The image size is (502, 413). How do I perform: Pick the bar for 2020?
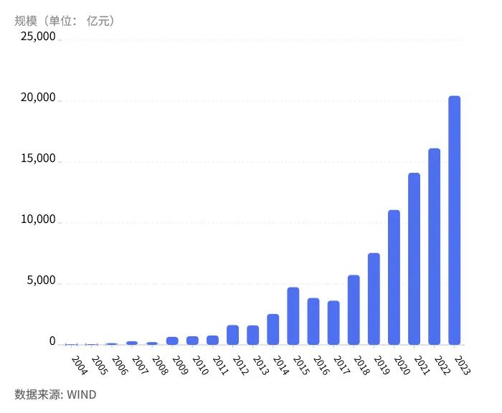(394, 277)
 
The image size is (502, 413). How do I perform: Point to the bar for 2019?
(374, 298)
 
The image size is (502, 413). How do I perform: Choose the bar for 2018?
(354, 309)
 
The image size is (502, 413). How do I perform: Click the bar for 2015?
(293, 315)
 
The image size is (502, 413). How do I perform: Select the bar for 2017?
(333, 322)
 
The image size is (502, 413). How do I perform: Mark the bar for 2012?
(232, 335)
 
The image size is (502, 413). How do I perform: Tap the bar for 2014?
(273, 329)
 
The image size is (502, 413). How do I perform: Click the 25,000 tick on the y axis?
(37, 37)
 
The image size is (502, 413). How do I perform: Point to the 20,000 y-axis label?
(37, 98)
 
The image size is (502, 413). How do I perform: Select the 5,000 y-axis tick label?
(40, 281)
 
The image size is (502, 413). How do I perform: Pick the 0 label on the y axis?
(52, 342)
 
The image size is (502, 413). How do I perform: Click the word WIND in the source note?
(81, 394)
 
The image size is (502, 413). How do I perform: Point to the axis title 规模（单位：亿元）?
(65, 20)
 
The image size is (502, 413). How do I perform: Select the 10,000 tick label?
(37, 220)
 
